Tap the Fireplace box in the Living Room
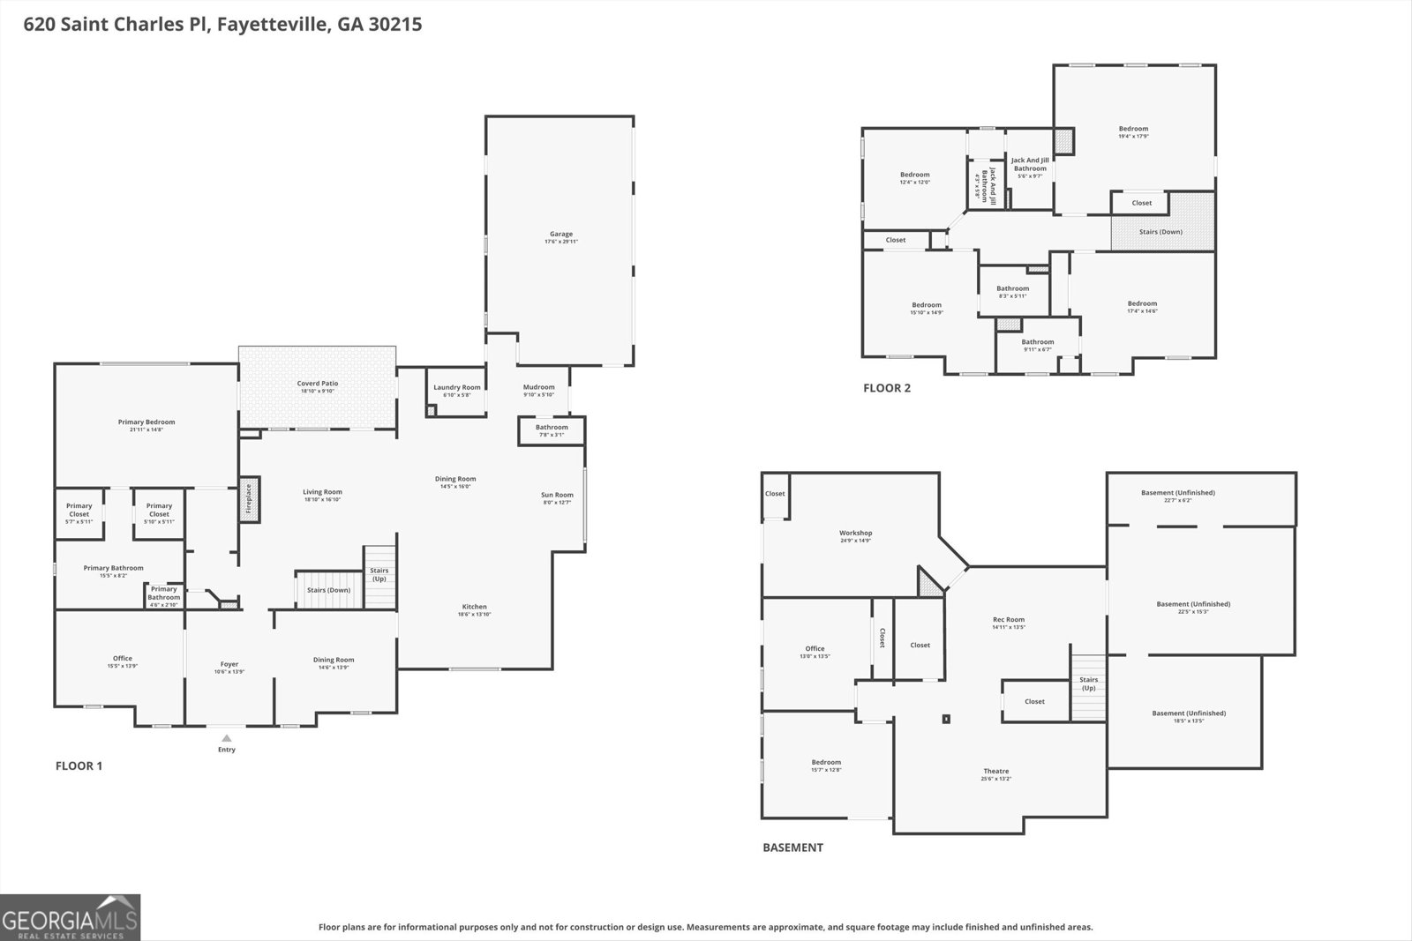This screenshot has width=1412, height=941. tap(249, 499)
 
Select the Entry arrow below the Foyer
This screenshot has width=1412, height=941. tap(227, 739)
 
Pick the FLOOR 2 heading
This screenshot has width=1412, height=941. tap(886, 388)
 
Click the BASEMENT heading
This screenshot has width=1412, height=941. tap(792, 848)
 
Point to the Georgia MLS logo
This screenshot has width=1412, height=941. tap(70, 917)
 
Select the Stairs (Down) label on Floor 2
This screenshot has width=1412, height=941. tap(1160, 232)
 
